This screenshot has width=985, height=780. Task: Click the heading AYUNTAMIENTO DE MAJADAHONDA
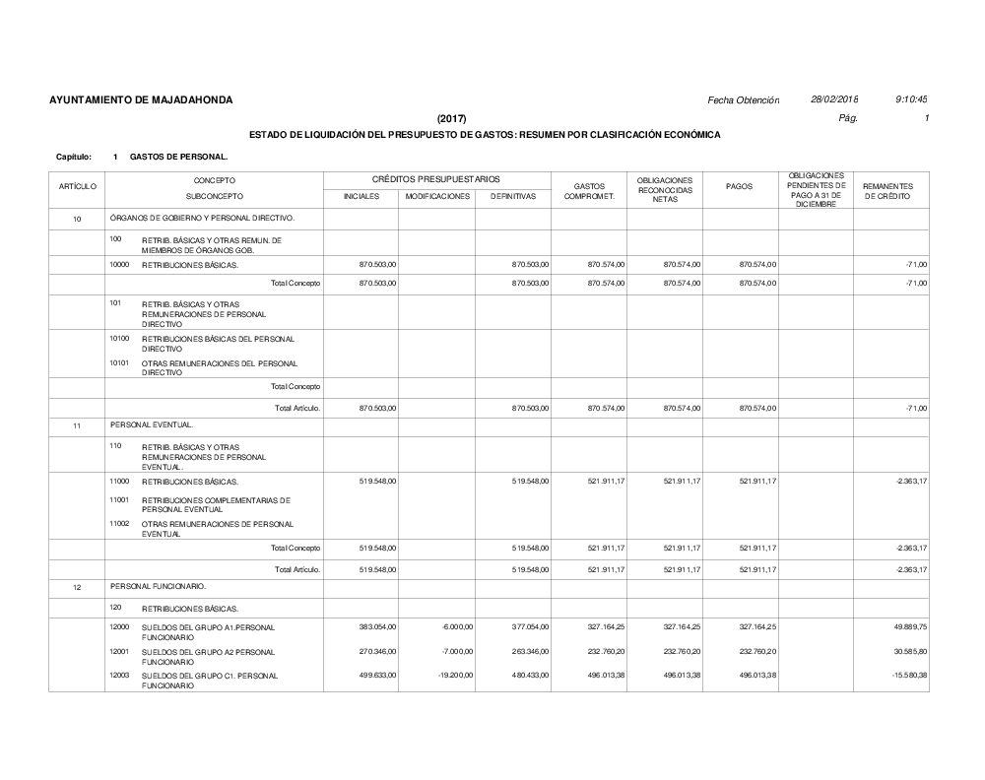click(141, 100)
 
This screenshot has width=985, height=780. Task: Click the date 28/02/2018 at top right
click(834, 100)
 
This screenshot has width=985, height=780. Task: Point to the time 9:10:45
click(912, 100)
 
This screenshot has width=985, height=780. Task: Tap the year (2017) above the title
click(452, 118)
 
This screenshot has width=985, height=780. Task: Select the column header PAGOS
click(739, 186)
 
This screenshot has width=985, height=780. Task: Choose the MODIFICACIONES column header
click(437, 197)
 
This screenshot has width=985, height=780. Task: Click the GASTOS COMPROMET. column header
click(589, 191)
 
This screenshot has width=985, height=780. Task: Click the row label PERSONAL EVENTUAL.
click(152, 424)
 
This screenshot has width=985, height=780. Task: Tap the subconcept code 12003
click(119, 675)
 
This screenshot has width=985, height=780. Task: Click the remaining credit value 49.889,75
click(906, 626)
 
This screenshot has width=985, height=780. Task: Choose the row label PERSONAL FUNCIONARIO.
click(159, 586)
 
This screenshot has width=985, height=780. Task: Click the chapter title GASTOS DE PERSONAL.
click(178, 157)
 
